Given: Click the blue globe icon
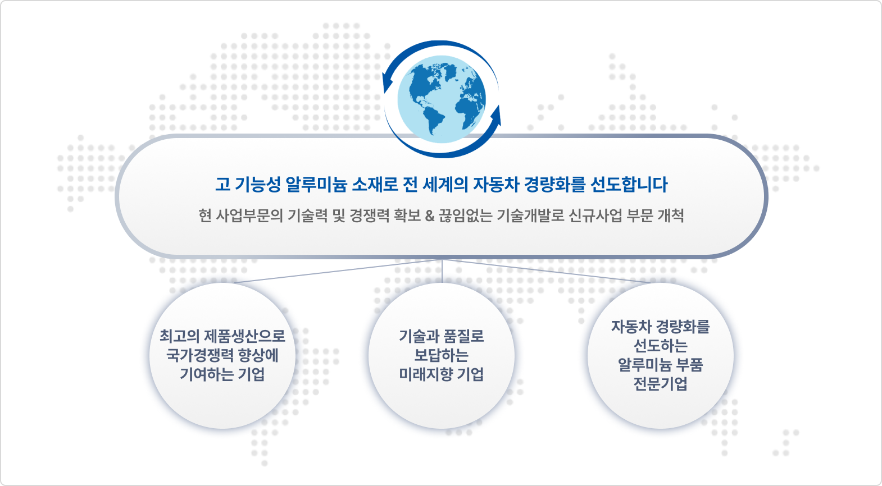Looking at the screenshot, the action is (x=442, y=99).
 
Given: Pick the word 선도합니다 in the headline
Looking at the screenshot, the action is (x=629, y=185).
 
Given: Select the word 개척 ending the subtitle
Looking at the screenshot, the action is (x=671, y=216).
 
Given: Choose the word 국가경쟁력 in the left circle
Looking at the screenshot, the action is (x=200, y=355).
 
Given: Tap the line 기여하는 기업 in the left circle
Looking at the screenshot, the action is (x=222, y=374).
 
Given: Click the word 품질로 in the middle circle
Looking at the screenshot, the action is (x=463, y=336).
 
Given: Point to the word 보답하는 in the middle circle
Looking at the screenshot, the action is (x=442, y=355).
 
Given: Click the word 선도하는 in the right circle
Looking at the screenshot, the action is (x=660, y=346).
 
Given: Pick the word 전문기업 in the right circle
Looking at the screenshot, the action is (x=660, y=384).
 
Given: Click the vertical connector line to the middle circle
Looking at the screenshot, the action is (x=442, y=271).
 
